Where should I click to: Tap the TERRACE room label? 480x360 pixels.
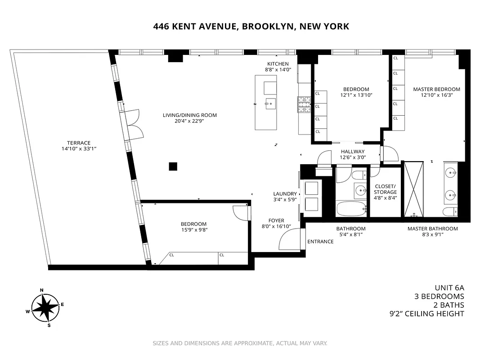point(76,143)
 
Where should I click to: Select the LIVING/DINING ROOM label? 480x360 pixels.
point(190,115)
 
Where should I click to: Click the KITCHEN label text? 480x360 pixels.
point(278,64)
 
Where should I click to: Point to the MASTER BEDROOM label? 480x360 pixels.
point(436,89)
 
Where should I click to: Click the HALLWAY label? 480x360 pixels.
point(353,152)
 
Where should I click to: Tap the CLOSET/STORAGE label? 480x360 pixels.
point(386,189)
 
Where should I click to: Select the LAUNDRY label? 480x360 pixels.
point(285,194)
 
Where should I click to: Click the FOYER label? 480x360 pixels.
point(276,220)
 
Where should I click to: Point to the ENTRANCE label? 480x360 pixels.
point(320,242)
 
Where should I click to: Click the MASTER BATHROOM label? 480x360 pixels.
point(432,229)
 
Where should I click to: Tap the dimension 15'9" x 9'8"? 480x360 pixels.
point(193,230)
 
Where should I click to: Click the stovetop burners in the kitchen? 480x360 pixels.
point(304,105)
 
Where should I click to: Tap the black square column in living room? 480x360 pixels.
point(173,166)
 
